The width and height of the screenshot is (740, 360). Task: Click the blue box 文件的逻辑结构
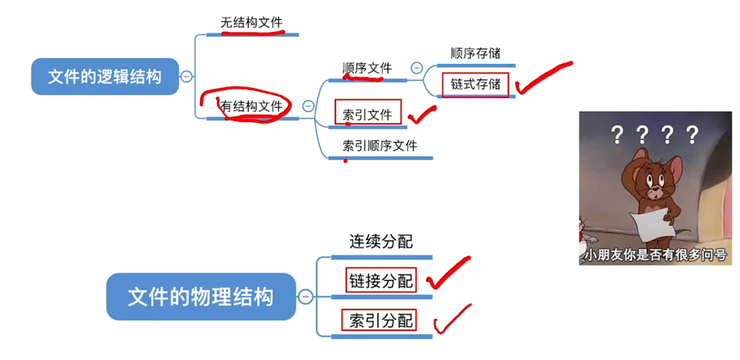105,77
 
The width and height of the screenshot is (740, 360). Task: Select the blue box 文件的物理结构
201,297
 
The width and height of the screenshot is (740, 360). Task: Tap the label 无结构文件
251,22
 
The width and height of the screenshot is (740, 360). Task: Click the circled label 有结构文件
251,106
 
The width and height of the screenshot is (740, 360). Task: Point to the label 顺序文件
367,68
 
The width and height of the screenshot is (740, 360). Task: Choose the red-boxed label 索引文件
368,114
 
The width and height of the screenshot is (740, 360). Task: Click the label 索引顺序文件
380,146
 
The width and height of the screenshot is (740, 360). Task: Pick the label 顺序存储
476,53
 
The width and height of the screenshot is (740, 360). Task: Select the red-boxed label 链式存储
476,84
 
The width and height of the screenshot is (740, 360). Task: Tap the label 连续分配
381,241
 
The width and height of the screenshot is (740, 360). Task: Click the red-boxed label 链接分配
381,280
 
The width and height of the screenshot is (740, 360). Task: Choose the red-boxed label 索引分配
380,320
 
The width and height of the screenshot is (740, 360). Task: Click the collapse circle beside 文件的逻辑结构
186,76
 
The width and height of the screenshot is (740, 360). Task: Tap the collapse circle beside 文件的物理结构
305,297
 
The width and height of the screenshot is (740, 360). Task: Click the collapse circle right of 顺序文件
417,68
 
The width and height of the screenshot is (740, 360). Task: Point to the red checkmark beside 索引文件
422,114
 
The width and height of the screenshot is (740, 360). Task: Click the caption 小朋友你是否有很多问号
655,255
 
